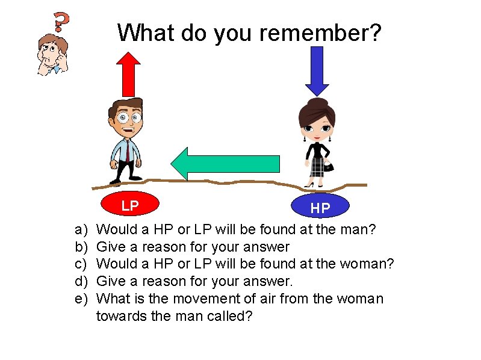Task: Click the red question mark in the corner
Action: tap(61, 22)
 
